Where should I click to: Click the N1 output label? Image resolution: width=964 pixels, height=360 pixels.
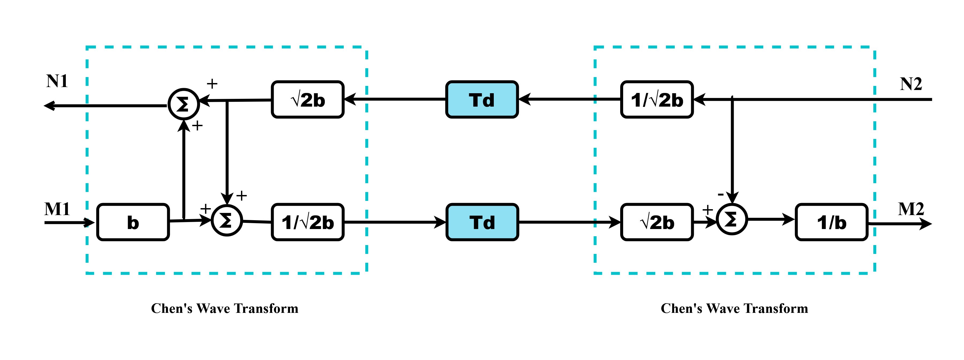point(57,81)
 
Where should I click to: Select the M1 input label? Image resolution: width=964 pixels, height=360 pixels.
point(57,209)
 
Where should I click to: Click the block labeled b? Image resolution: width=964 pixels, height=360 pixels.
point(133,222)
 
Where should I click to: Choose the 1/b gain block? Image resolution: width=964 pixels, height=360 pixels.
point(831,222)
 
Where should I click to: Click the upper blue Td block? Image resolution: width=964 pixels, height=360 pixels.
point(482,100)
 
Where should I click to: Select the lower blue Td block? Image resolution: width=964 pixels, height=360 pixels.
point(482,222)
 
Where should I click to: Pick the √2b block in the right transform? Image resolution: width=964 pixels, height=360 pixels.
point(657,222)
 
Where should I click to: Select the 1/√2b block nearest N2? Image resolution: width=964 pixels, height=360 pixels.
point(657,100)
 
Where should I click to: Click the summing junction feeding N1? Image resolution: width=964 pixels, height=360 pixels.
point(183,104)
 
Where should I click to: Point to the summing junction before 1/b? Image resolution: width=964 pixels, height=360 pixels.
point(732,219)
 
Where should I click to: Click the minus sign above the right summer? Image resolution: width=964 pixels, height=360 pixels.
point(720,194)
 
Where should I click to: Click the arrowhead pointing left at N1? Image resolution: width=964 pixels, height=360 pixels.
point(49,106)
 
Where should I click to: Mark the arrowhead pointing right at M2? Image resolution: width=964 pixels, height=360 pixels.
point(925,224)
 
